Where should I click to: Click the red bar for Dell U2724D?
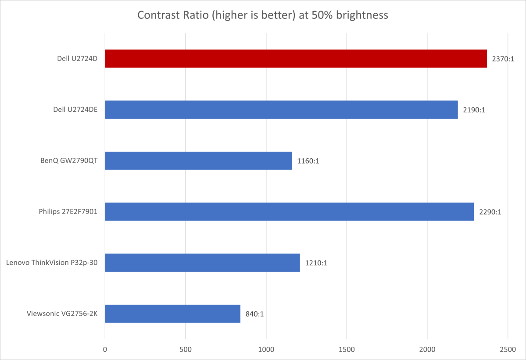(x=296, y=59)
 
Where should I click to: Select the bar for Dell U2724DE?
(x=281, y=110)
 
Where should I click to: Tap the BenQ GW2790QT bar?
(x=198, y=160)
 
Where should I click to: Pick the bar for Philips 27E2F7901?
(x=290, y=211)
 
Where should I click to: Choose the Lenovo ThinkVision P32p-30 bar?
(x=202, y=263)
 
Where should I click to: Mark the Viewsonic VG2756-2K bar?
(x=172, y=314)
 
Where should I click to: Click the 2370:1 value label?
(x=502, y=59)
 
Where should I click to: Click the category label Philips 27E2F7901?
(x=68, y=212)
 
